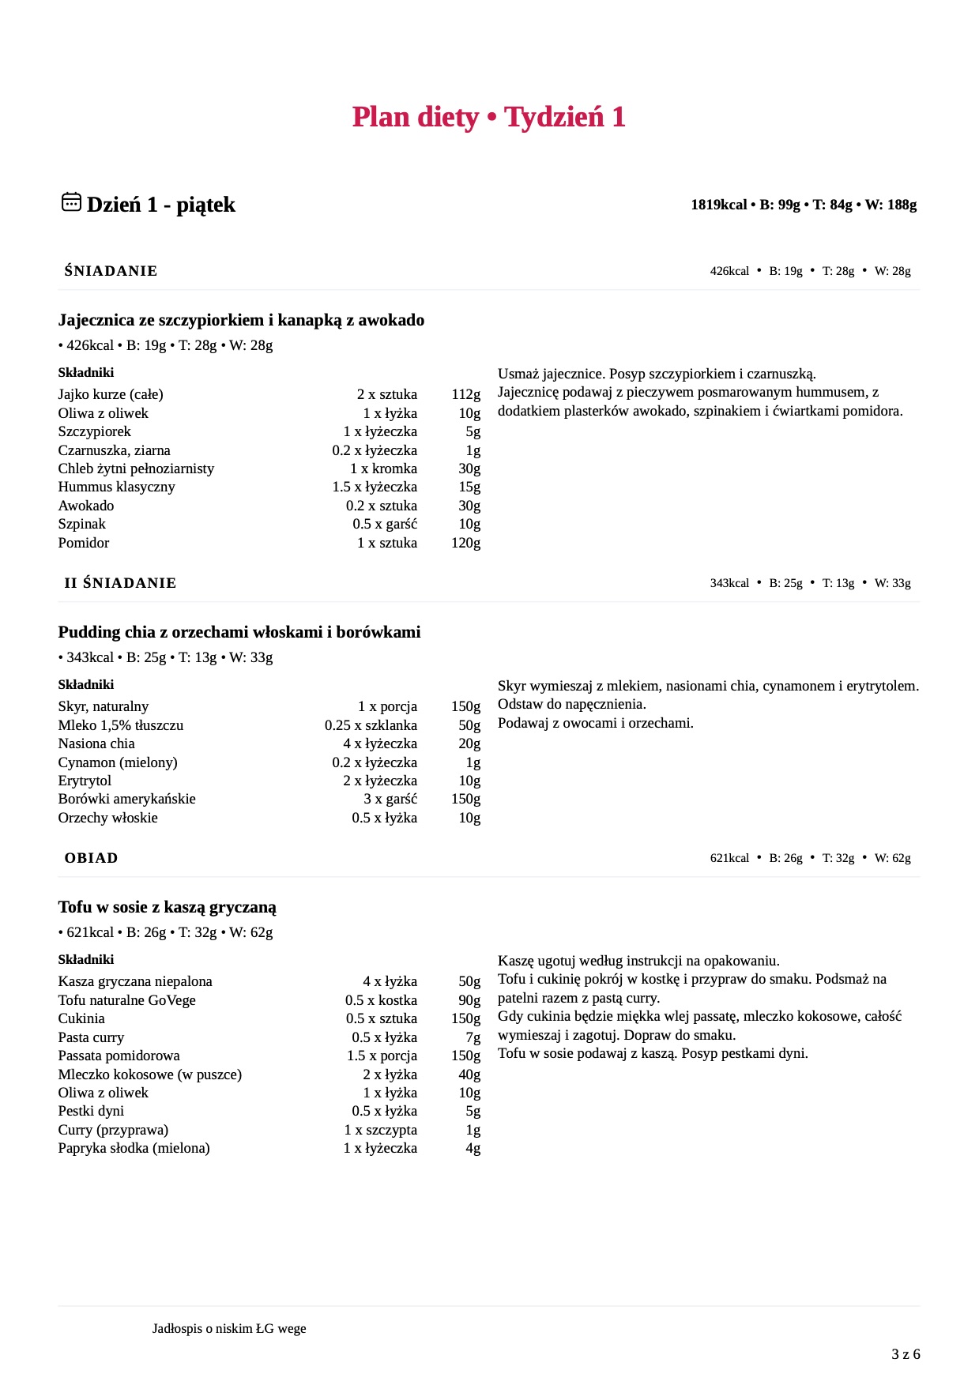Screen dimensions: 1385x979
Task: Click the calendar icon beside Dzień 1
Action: point(71,202)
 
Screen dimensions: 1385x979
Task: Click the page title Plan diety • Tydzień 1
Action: point(488,117)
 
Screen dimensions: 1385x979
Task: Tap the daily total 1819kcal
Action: point(718,205)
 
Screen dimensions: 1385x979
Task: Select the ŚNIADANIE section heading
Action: point(111,271)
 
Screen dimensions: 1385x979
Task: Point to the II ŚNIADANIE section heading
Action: point(120,583)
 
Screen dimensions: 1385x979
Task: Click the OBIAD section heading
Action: point(91,858)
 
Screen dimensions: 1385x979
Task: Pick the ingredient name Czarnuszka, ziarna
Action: point(114,450)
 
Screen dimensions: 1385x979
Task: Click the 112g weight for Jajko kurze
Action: point(465,394)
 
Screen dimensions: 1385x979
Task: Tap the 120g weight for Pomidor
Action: point(465,543)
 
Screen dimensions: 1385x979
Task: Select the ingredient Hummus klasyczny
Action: point(116,487)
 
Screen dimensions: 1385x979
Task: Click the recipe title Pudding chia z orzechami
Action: point(239,632)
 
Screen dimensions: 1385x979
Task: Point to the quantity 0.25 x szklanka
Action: point(371,725)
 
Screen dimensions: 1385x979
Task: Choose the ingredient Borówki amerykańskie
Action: point(126,799)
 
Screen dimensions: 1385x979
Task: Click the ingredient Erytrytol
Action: point(85,781)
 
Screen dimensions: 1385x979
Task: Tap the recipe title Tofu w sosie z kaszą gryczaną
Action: point(167,907)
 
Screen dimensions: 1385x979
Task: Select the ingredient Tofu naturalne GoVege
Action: point(126,1000)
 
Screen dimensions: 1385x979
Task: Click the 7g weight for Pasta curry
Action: point(473,1037)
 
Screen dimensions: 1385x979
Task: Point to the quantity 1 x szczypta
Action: point(380,1130)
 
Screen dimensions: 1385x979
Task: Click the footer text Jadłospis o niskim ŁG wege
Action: point(229,1329)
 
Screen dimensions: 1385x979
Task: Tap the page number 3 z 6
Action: point(906,1354)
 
